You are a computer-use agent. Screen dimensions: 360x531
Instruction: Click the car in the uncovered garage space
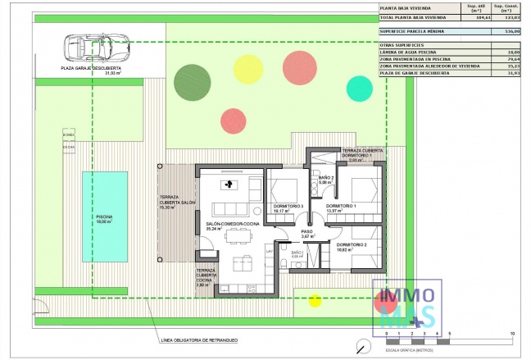(x=94, y=48)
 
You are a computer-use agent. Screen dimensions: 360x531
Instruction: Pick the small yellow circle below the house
(x=314, y=300)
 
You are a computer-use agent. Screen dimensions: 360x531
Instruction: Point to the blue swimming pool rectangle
(x=104, y=216)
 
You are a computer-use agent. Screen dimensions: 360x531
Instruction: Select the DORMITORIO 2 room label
(x=351, y=245)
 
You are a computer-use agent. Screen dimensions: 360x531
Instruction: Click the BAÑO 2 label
(x=325, y=178)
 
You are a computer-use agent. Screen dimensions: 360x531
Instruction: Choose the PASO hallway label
(x=307, y=232)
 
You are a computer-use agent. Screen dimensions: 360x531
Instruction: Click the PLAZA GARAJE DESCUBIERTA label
(x=91, y=69)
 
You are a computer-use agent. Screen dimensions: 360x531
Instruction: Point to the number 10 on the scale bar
(x=511, y=334)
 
